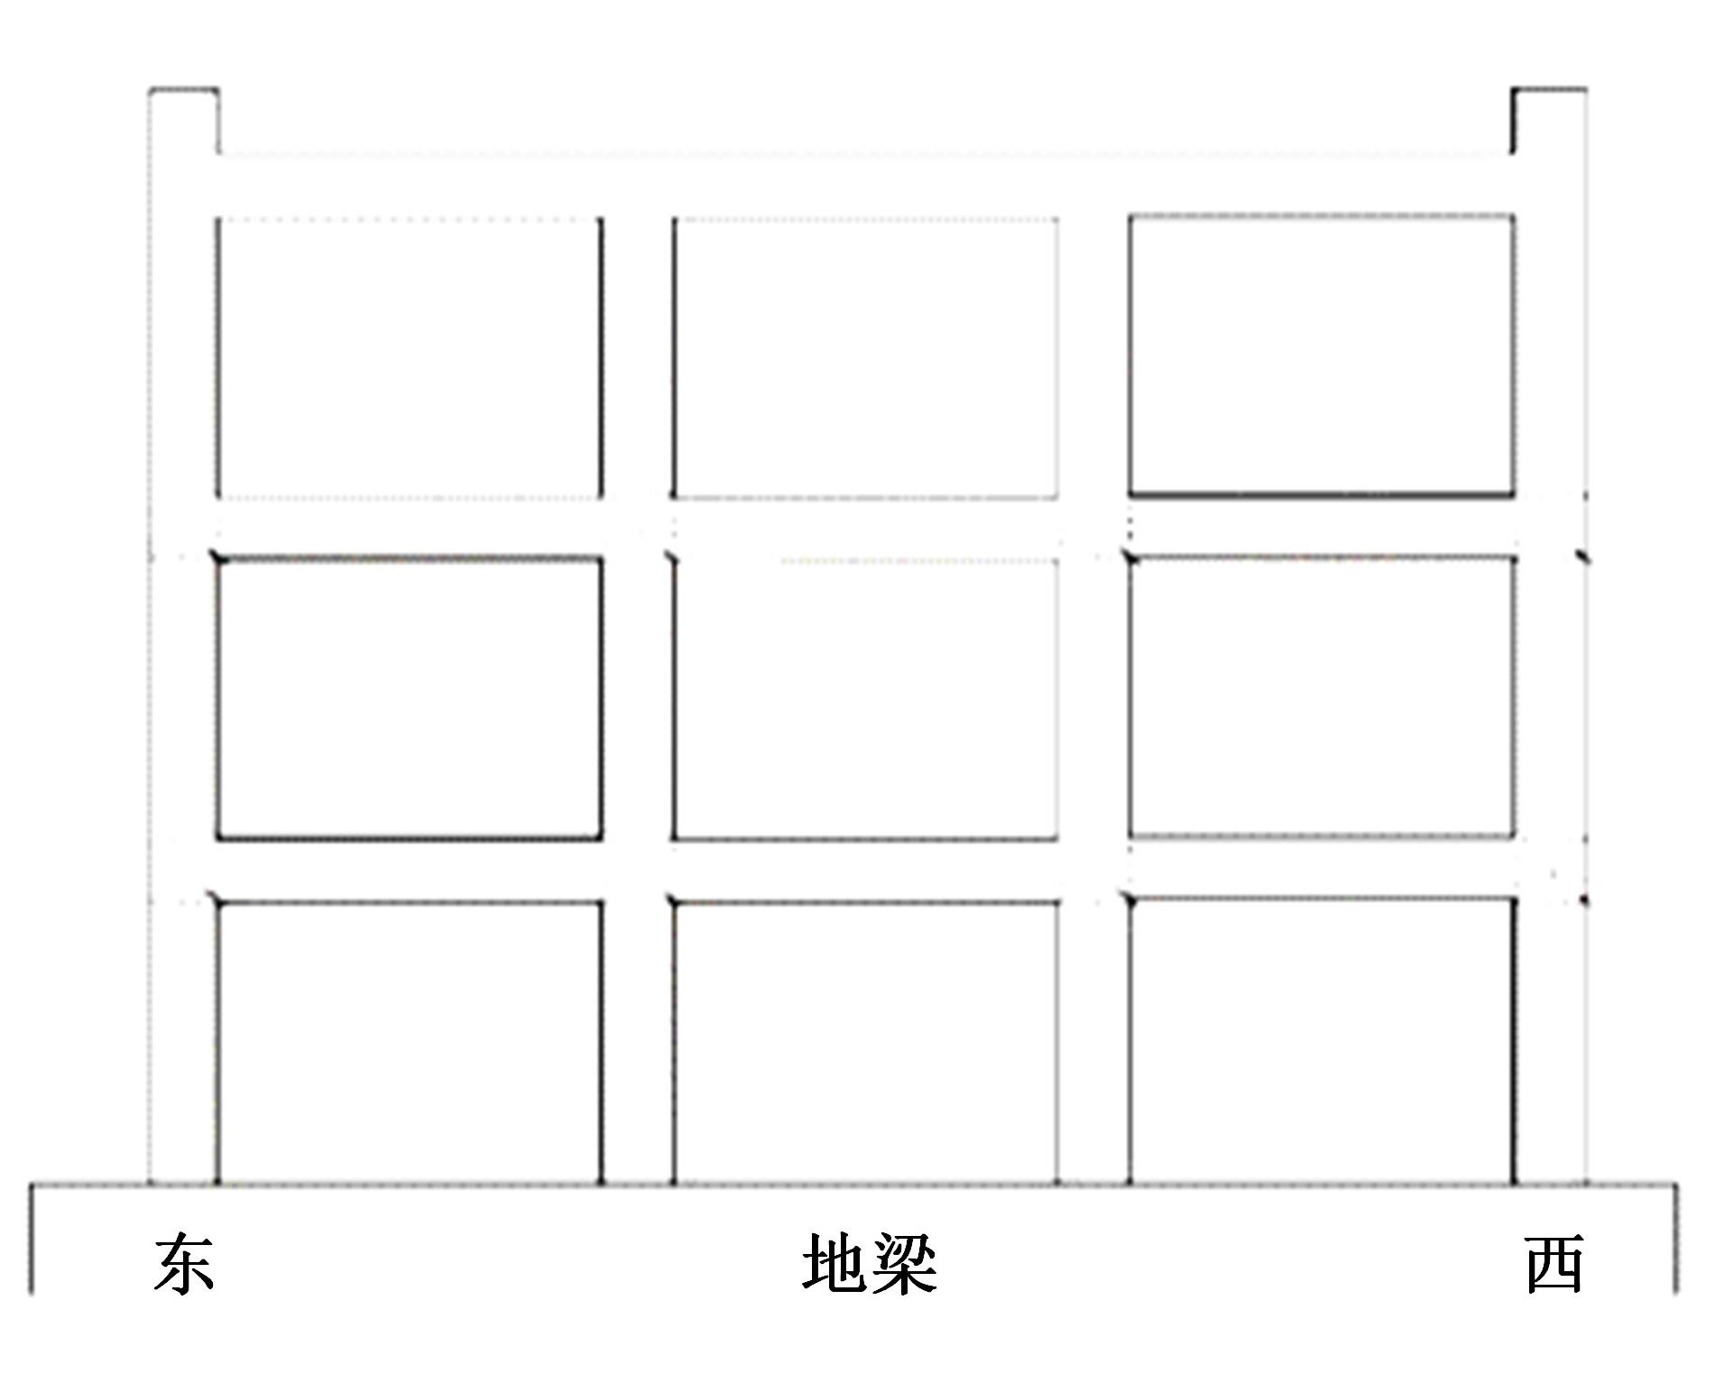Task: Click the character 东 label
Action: tap(184, 1264)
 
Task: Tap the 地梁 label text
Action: tap(870, 1264)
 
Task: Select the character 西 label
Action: tap(1555, 1264)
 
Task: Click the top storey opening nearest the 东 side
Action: tap(410, 357)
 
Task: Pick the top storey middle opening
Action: tap(866, 357)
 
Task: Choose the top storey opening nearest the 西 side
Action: tap(1322, 355)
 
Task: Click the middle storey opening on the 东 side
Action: tap(410, 699)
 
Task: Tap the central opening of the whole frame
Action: tap(866, 699)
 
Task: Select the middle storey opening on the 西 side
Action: tap(1322, 697)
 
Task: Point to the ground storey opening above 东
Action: tap(410, 1042)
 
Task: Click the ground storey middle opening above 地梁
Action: tap(866, 1042)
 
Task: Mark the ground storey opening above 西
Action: tap(1322, 1040)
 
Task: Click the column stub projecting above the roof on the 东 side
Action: tap(184, 121)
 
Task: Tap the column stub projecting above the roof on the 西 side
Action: tap(1550, 121)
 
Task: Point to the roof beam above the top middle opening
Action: tap(866, 185)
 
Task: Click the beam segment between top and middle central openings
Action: tap(866, 528)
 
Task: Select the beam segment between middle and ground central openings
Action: tap(866, 871)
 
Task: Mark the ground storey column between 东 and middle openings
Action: tap(638, 1042)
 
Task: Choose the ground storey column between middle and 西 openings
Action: tap(1094, 1042)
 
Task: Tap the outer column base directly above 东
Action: tap(184, 1042)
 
